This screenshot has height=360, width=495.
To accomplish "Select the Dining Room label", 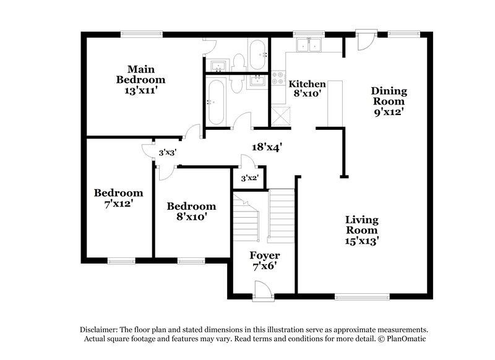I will (x=388, y=101).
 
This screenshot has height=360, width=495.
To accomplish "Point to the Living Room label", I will (x=362, y=230).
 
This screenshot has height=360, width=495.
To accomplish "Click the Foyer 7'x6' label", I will (x=264, y=261).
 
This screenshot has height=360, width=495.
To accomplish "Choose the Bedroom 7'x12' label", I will (x=118, y=198).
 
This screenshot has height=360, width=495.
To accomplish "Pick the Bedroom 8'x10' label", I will (x=191, y=212).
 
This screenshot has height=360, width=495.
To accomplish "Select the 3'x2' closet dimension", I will (x=249, y=178).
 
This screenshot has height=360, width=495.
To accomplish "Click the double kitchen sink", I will (x=308, y=45).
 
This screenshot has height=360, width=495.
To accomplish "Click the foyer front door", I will (x=262, y=290).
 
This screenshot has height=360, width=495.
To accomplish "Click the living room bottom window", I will (x=362, y=295).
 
